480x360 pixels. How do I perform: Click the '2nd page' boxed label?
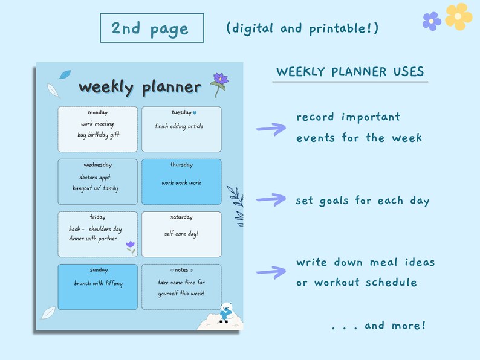[x=151, y=28]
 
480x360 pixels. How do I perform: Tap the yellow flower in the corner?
[x=459, y=17]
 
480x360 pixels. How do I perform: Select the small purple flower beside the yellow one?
[x=432, y=21]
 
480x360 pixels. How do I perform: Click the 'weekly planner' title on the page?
[x=140, y=87]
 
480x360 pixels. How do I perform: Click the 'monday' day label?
[x=98, y=112]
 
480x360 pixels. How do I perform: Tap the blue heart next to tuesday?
[x=195, y=112]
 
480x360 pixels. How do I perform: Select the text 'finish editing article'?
[x=179, y=126]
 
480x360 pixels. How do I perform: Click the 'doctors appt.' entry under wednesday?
[x=96, y=178]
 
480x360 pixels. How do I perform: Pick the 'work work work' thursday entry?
[x=181, y=182]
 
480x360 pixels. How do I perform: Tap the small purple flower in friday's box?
[x=130, y=246]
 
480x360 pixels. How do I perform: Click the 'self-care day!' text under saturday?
[x=181, y=234]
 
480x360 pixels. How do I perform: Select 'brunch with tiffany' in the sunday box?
[x=98, y=283]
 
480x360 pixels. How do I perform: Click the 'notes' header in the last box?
[x=181, y=270]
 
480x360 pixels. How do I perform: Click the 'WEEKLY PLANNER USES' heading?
[x=350, y=72]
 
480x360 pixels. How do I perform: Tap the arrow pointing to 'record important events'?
[x=271, y=127]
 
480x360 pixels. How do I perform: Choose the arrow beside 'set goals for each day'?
[x=271, y=199]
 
